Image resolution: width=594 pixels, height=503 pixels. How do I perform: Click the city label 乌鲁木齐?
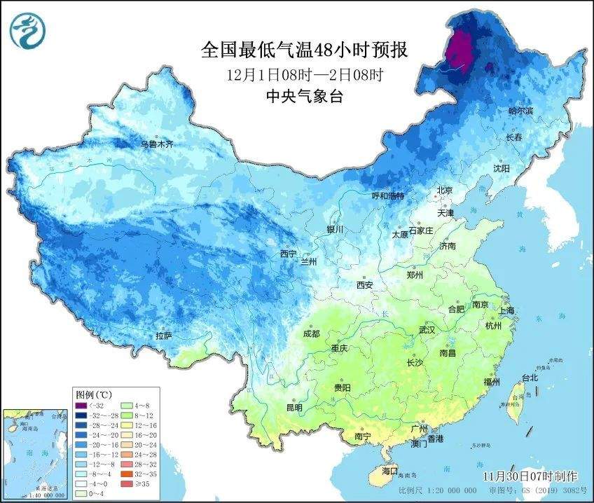(x=156, y=144)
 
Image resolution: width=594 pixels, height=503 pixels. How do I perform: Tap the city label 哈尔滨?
(x=520, y=111)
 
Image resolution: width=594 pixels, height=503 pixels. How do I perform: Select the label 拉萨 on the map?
(x=163, y=336)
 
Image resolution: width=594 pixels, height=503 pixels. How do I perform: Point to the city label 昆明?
(x=293, y=407)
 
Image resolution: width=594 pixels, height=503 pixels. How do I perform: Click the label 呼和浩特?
(x=387, y=196)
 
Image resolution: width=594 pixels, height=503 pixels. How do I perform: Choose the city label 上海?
(x=506, y=310)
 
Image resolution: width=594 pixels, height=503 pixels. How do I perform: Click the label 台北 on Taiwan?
(x=530, y=378)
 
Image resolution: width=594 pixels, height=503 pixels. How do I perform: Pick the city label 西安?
(x=365, y=285)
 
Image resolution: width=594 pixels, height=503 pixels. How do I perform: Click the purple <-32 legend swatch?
(x=85, y=405)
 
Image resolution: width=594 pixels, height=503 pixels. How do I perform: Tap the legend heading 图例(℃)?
(x=95, y=394)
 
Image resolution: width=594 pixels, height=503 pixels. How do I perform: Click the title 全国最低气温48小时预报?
(x=304, y=50)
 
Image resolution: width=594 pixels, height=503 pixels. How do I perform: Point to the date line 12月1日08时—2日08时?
(x=304, y=74)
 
